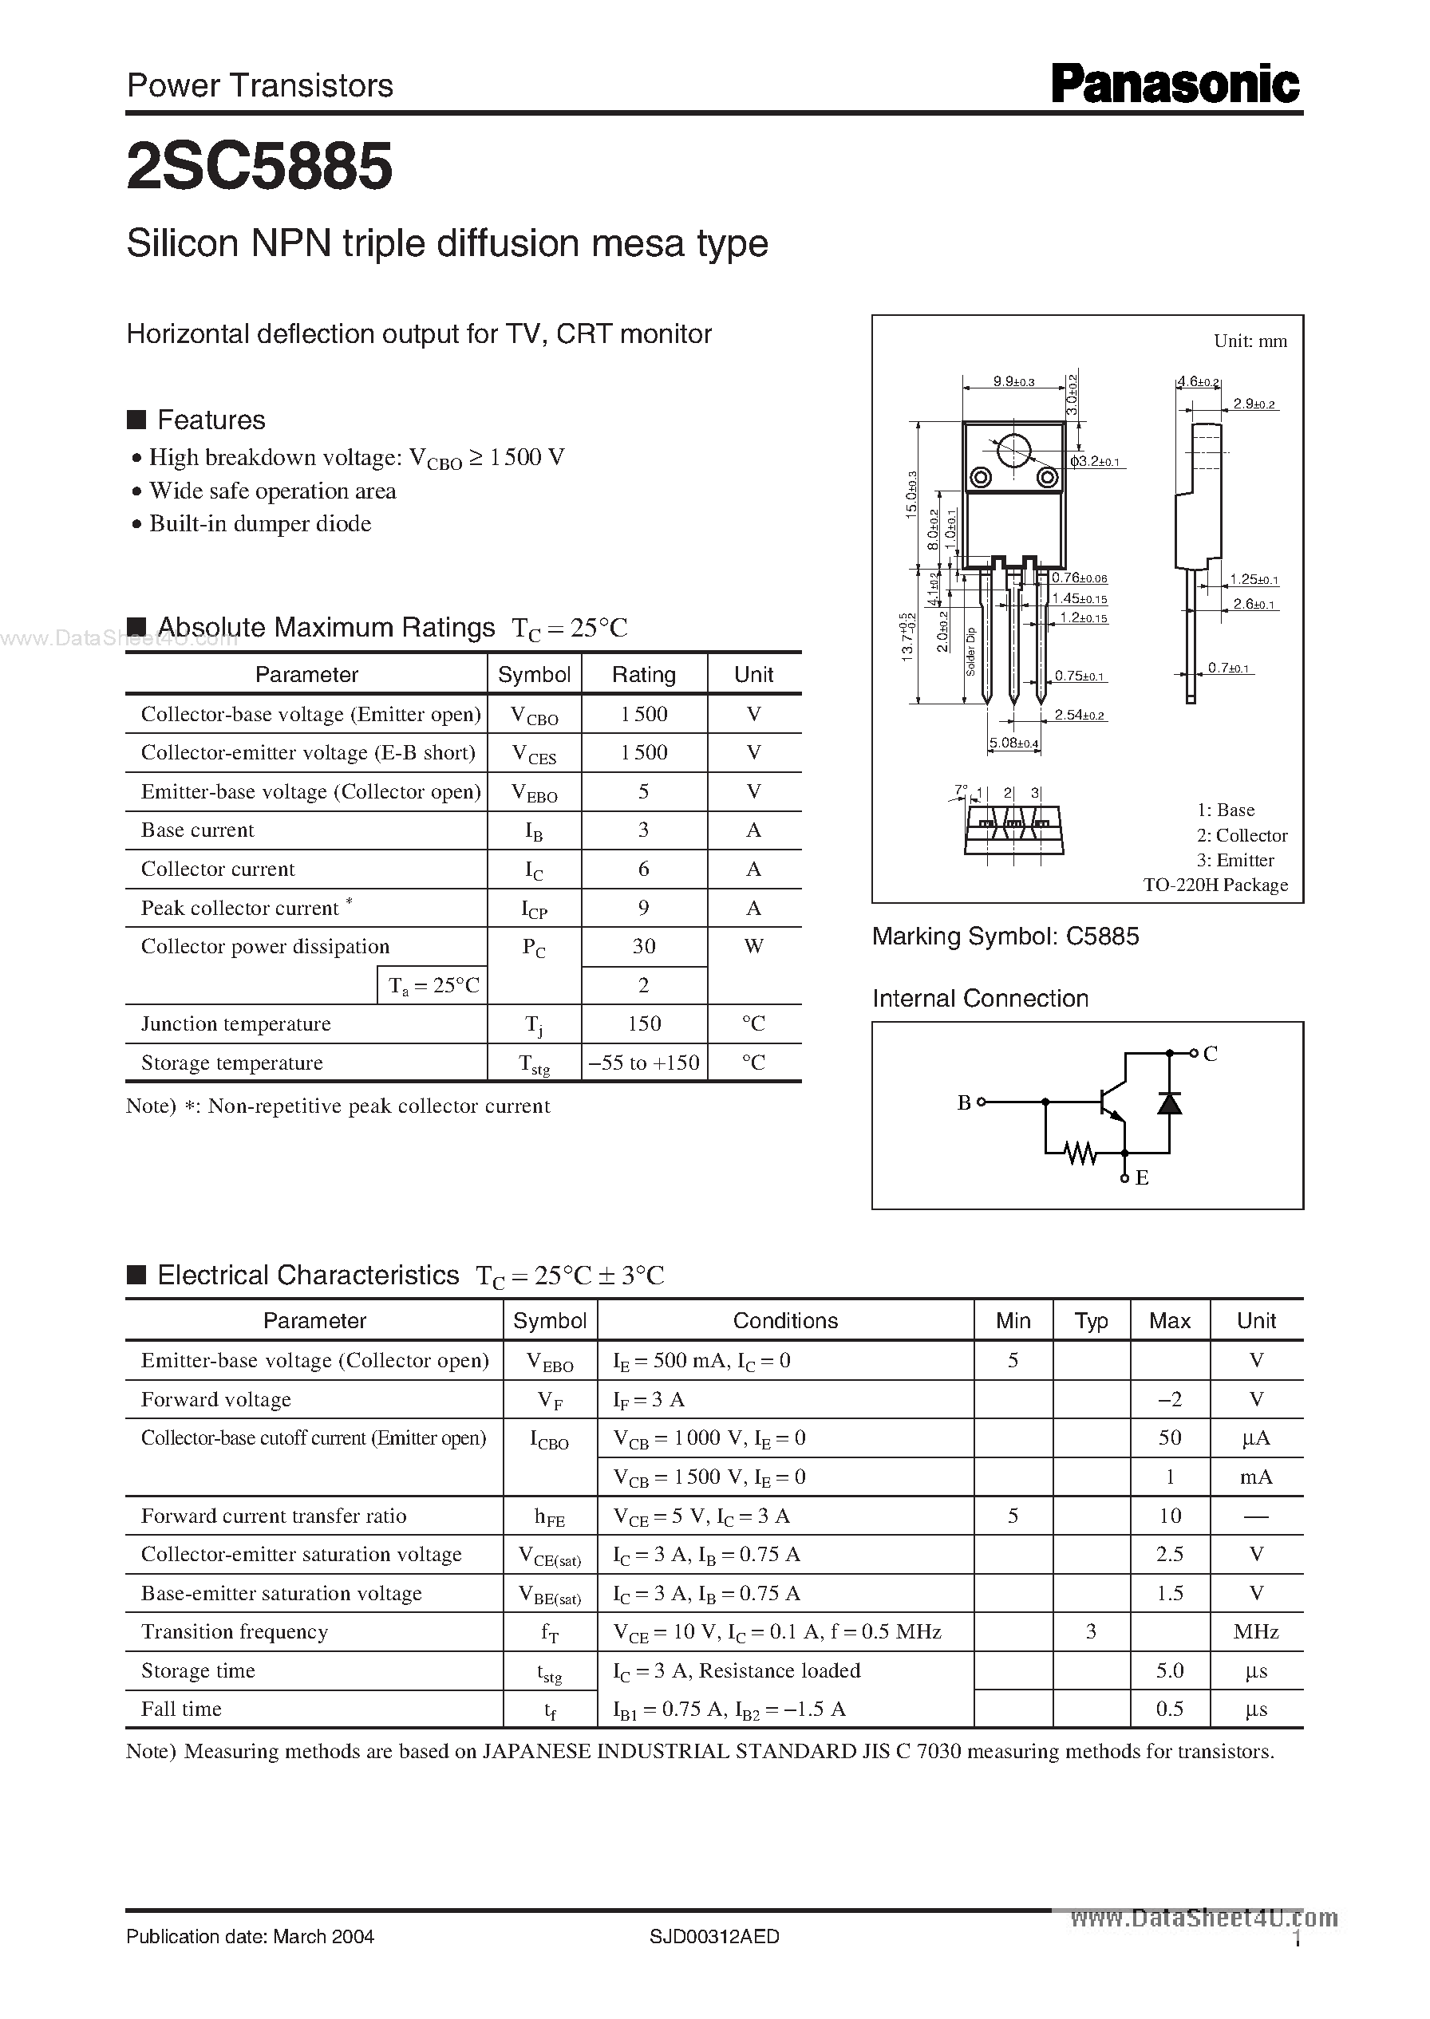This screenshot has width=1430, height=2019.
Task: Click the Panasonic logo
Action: [x=1175, y=85]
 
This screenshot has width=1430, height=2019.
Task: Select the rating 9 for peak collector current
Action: [x=644, y=908]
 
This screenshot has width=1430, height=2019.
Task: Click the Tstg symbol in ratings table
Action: [x=534, y=1063]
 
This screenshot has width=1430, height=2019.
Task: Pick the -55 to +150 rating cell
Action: [x=644, y=1063]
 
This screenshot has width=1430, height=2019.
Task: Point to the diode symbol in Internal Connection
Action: [x=1169, y=1102]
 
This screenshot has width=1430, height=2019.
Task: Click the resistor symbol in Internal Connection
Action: [x=1080, y=1152]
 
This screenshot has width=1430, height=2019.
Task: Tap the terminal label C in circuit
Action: [x=1211, y=1054]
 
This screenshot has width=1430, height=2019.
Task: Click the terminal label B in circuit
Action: [x=964, y=1102]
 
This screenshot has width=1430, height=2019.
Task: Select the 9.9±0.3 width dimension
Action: [x=1013, y=382]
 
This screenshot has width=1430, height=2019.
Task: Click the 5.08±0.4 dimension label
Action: [x=1013, y=743]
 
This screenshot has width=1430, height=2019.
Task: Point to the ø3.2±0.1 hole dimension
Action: [x=1096, y=461]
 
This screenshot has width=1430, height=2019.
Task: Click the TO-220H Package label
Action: [x=1215, y=885]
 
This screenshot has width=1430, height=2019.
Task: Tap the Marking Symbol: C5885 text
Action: [x=1005, y=937]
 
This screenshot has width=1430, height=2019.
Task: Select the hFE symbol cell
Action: [x=550, y=1516]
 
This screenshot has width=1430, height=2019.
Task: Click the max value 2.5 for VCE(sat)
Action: [x=1169, y=1554]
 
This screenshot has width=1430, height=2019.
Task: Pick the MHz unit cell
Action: [x=1256, y=1632]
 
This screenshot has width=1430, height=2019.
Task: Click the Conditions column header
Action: [x=784, y=1320]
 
